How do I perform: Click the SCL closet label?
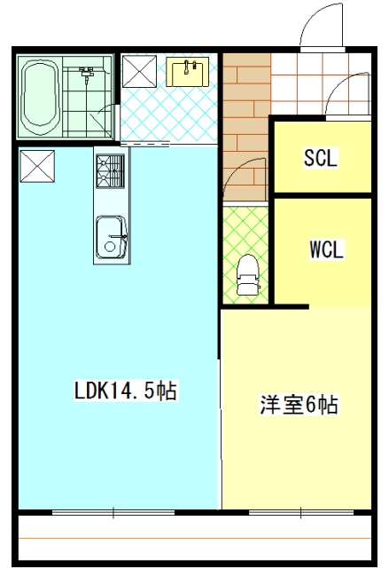coord(320,158)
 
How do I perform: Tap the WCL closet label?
coord(326,249)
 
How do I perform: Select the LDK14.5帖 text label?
coord(126,390)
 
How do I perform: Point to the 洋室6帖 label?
coord(299,405)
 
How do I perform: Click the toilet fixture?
coord(247,274)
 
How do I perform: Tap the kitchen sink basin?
coord(112,238)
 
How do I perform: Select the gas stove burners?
coord(110,171)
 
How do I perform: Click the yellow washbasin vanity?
coord(187,72)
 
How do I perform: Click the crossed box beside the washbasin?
coord(139,71)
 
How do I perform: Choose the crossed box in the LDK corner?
coord(37,166)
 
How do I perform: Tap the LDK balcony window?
coord(113,513)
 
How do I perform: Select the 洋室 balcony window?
coord(300,513)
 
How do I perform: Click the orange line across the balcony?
coord(195,539)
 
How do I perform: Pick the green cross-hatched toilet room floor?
coord(245,255)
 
